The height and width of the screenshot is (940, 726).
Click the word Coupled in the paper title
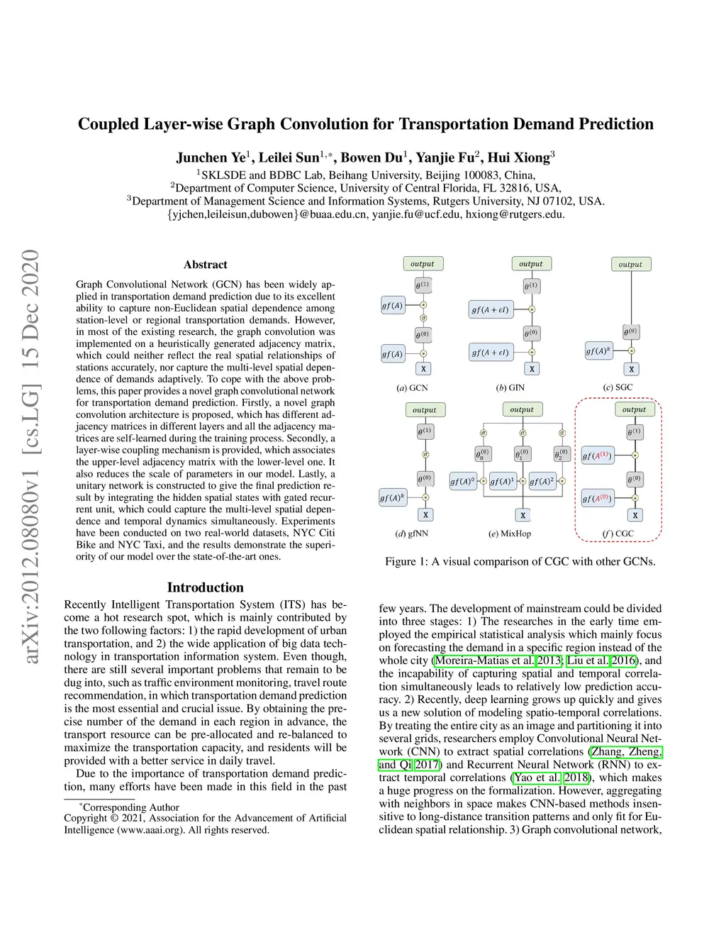tap(108, 124)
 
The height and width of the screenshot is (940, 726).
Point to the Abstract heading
tap(206, 265)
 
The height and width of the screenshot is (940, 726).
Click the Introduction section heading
tap(206, 587)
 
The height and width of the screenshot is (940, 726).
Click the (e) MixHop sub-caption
tap(510, 533)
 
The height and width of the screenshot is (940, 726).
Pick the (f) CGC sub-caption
tap(618, 533)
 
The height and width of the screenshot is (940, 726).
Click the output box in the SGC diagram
tap(630, 265)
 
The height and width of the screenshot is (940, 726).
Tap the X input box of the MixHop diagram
tap(523, 516)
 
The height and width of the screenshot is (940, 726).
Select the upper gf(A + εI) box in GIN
tap(491, 310)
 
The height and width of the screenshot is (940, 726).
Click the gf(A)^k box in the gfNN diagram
tap(393, 497)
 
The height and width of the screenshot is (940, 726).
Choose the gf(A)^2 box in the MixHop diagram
tap(542, 482)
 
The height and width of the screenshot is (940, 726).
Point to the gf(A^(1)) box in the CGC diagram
tap(597, 456)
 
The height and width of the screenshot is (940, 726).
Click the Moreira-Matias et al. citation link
tap(484, 660)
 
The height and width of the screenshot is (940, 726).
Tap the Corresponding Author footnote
tap(130, 807)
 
